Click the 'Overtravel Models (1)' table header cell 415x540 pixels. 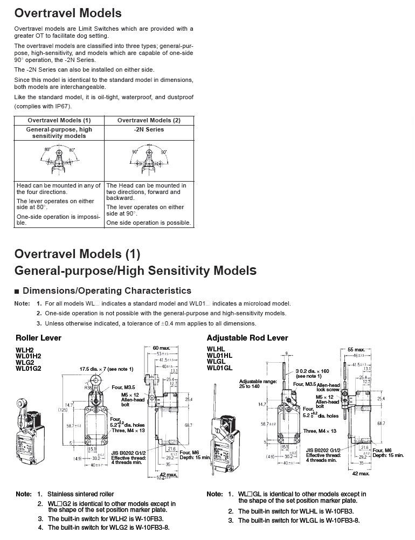[59, 120]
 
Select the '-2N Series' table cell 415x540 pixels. [149, 129]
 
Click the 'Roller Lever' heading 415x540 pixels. [38, 338]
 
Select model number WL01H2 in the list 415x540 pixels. [28, 356]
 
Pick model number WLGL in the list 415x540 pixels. [216, 362]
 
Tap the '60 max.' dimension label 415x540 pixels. [162, 348]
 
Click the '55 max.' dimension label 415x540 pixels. [356, 350]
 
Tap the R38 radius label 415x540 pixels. [88, 387]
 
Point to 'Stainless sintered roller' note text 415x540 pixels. [80, 494]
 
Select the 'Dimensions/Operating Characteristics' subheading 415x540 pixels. [107, 291]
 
